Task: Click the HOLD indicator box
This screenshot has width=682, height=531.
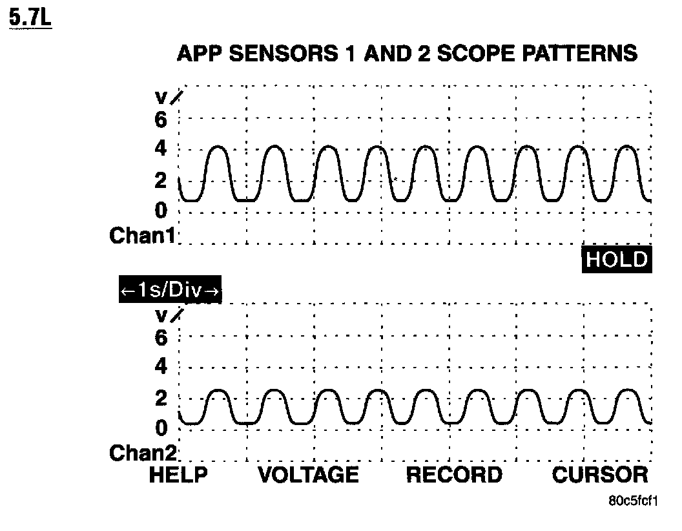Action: click(x=615, y=260)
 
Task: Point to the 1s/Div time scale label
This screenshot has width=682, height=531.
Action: click(x=170, y=291)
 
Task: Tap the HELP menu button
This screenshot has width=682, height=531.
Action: click(x=178, y=475)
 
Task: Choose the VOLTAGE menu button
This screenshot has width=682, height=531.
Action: click(x=308, y=475)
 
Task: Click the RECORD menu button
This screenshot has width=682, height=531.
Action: click(x=453, y=475)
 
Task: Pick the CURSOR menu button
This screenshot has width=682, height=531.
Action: click(x=599, y=475)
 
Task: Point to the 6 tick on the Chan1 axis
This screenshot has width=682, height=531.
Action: click(x=160, y=120)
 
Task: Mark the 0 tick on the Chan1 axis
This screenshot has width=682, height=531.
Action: click(x=160, y=211)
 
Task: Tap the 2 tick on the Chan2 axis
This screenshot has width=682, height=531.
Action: click(x=160, y=398)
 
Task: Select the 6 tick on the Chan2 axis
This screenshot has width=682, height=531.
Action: click(x=160, y=337)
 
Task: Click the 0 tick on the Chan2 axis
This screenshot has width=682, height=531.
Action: click(x=160, y=428)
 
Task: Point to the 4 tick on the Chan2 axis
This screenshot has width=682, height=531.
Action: click(x=160, y=368)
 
